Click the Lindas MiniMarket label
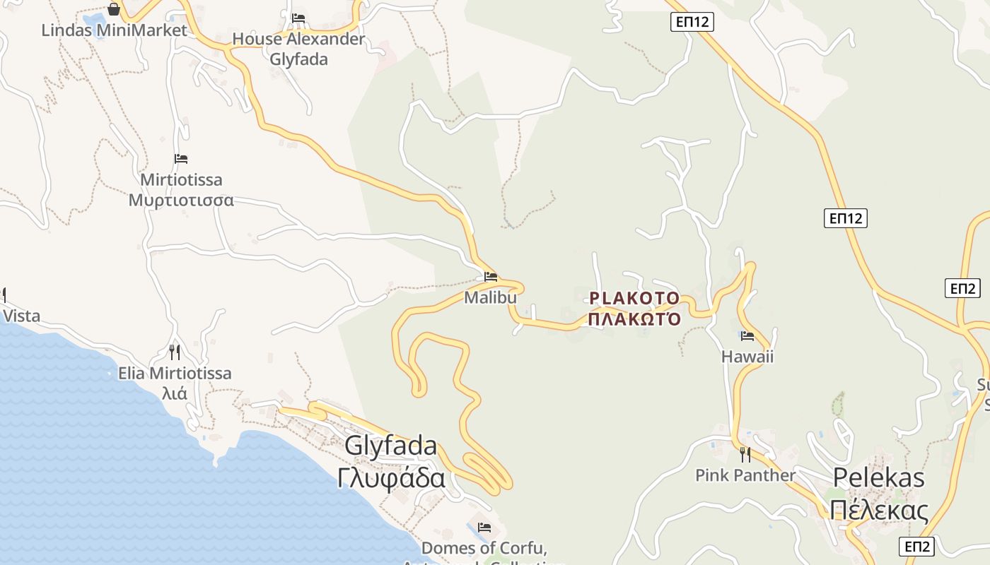(x=114, y=30)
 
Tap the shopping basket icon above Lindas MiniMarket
(x=114, y=9)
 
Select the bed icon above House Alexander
(x=298, y=18)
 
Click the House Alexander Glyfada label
(x=298, y=49)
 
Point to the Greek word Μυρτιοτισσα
(x=181, y=200)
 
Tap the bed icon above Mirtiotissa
(x=181, y=159)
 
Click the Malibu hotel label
(x=490, y=297)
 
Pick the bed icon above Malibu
(x=491, y=277)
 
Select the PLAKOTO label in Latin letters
(x=634, y=298)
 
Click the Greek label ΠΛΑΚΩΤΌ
(x=634, y=319)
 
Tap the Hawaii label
(x=747, y=356)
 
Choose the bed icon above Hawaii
(x=747, y=335)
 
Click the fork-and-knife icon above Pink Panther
(x=745, y=454)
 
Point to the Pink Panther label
(x=745, y=475)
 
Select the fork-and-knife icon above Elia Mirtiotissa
(x=174, y=352)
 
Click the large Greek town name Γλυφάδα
(x=391, y=478)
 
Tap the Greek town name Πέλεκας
(x=878, y=509)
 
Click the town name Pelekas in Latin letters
(x=878, y=477)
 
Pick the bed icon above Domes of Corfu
(x=484, y=527)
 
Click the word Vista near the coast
(x=21, y=316)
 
